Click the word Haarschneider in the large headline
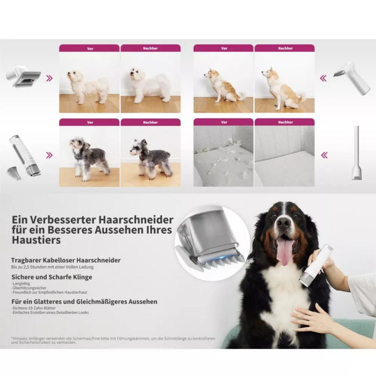(136, 220)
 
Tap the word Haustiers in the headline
(36, 240)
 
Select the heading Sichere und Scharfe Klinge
(52, 277)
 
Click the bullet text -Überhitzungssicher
(29, 288)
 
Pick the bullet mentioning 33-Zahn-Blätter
(34, 308)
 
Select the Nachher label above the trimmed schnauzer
(150, 122)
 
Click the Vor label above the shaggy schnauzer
(90, 122)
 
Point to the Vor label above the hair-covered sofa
(224, 122)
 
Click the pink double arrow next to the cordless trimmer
(49, 155)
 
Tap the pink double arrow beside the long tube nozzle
(324, 155)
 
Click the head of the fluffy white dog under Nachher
(135, 74)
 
